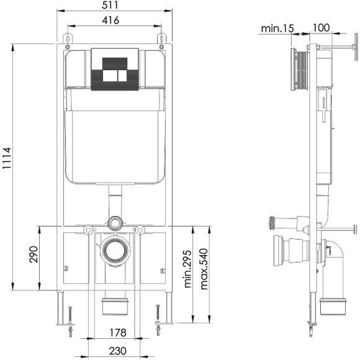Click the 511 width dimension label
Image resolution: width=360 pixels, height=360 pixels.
click(110, 5)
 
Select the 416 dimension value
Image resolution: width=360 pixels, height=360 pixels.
click(110, 20)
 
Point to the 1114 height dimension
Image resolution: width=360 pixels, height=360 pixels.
click(7, 158)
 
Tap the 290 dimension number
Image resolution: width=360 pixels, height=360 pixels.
click(34, 254)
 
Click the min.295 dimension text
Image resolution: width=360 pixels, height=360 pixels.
click(187, 269)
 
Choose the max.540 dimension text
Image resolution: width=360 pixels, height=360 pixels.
click(204, 269)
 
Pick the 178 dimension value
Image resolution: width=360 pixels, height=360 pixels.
click(118, 333)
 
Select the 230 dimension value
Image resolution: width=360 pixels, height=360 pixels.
click(117, 351)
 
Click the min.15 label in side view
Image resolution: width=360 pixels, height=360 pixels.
click(277, 29)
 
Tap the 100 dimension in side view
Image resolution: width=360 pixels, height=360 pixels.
click(321, 28)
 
